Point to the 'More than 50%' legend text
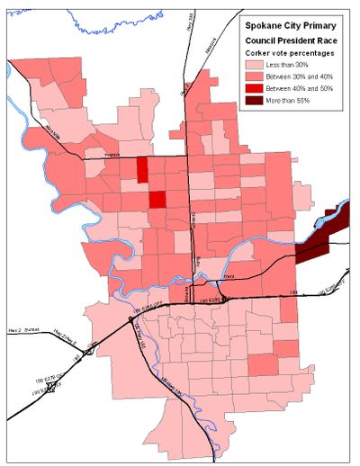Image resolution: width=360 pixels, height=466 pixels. coord(301,106)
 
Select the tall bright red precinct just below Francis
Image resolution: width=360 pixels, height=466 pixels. coord(143,170)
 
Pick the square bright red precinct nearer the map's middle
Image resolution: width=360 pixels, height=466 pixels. coord(157,200)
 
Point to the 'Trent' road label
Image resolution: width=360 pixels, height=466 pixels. coord(229,277)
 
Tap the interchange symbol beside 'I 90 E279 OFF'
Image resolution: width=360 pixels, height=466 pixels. coord(52,386)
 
